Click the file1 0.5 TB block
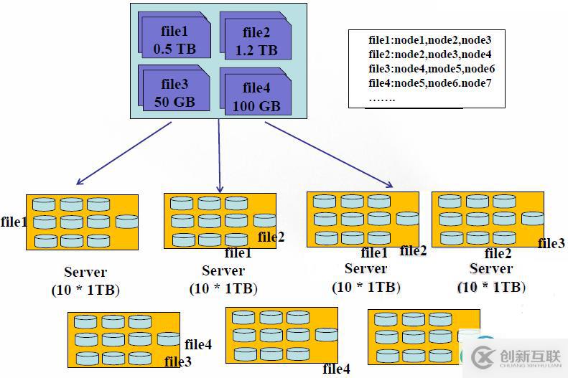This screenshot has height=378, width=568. pyautogui.click(x=174, y=39)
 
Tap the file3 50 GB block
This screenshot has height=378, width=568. pyautogui.click(x=174, y=91)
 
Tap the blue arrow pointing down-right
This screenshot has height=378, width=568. pyautogui.click(x=329, y=154)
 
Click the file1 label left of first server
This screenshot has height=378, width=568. pyautogui.click(x=14, y=222)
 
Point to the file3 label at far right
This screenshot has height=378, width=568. pyautogui.click(x=551, y=244)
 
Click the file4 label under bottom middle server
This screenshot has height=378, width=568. pyautogui.click(x=336, y=369)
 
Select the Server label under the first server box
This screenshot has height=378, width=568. pyautogui.click(x=85, y=273)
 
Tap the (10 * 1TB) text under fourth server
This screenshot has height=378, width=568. pyautogui.click(x=491, y=287)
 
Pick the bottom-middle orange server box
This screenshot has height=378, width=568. pyautogui.click(x=281, y=334)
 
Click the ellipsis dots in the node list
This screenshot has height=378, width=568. pyautogui.click(x=381, y=98)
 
